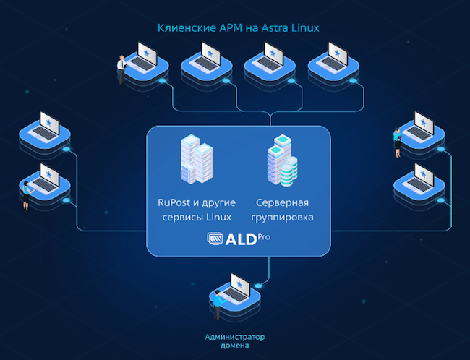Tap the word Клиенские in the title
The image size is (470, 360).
(x=184, y=28)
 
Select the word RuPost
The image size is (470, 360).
(x=174, y=202)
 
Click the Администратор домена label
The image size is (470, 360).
(x=235, y=340)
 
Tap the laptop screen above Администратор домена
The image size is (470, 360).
(x=238, y=288)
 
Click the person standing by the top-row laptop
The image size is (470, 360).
(x=121, y=69)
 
